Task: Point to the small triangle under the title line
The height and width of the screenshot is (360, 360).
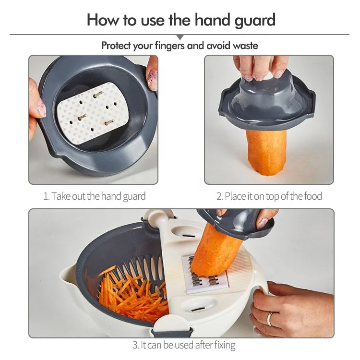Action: click(x=180, y=37)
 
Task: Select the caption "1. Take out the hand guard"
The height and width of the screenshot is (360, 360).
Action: click(x=95, y=196)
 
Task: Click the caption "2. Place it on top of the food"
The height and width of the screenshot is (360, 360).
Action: click(x=269, y=196)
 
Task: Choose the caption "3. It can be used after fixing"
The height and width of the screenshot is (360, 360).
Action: click(x=183, y=345)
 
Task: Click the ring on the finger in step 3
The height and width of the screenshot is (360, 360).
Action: click(x=270, y=319)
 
